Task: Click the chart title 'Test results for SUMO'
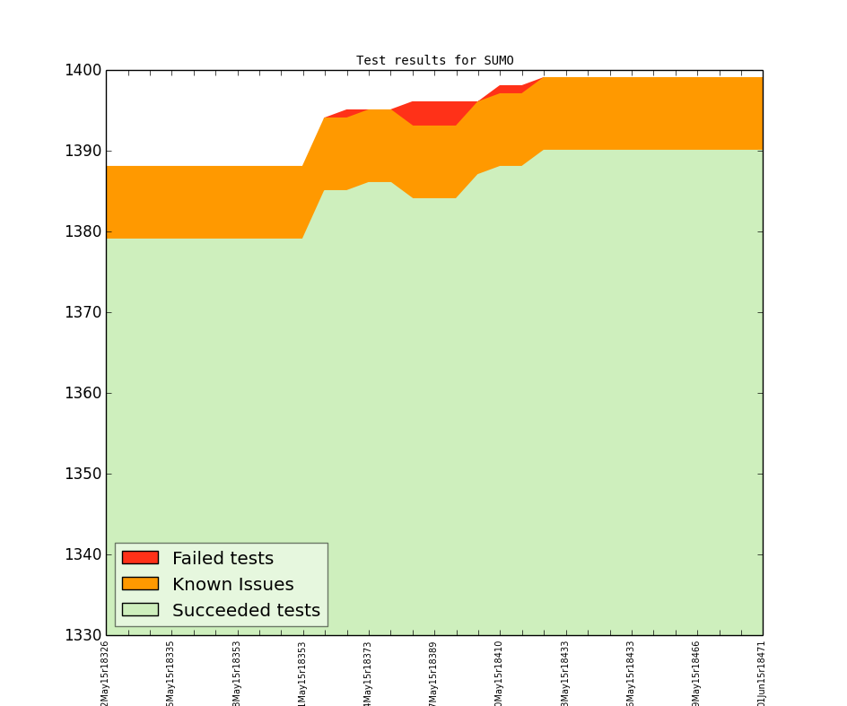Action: click(434, 61)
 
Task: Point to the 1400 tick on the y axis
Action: click(83, 71)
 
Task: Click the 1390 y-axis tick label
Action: click(83, 152)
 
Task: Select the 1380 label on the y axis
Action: click(83, 232)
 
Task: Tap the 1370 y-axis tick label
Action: click(83, 313)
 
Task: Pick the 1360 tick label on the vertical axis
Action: click(83, 394)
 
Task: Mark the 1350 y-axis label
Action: click(83, 475)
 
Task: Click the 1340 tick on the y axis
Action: click(83, 555)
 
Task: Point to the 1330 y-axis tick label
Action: click(83, 636)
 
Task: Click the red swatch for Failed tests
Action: click(140, 558)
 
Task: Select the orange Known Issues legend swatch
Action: click(140, 584)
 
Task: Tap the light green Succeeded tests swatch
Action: click(140, 610)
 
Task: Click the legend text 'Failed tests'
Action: click(223, 559)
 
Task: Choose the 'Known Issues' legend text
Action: click(232, 585)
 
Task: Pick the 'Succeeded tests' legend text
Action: click(246, 611)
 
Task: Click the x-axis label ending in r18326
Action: click(105, 673)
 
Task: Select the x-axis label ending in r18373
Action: click(368, 673)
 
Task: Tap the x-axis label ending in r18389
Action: click(433, 673)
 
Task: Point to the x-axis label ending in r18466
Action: click(696, 673)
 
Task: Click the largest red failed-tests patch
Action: click(435, 113)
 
